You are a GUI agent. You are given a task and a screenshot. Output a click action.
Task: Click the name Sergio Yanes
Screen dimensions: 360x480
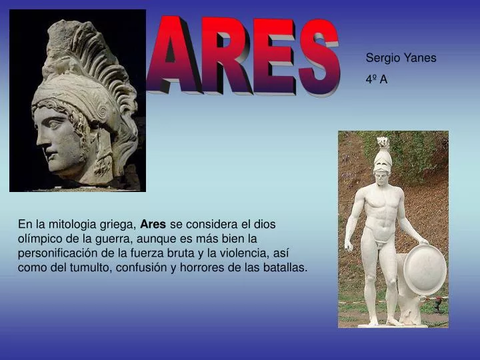401,58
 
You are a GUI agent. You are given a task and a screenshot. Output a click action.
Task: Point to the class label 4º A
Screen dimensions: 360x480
377,79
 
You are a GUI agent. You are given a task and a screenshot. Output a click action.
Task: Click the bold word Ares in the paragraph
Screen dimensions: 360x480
153,225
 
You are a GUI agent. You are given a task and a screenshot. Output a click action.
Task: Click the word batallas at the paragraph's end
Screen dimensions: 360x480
285,267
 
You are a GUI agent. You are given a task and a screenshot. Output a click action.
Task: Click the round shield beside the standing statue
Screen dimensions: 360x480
425,269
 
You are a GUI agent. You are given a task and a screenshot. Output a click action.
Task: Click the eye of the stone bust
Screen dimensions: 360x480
51,120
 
